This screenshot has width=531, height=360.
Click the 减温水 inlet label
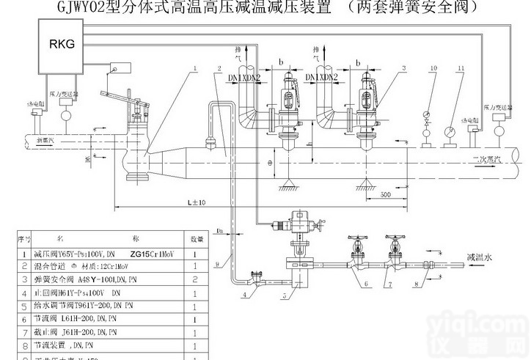(480, 257)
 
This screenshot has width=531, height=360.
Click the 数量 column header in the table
(197, 239)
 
